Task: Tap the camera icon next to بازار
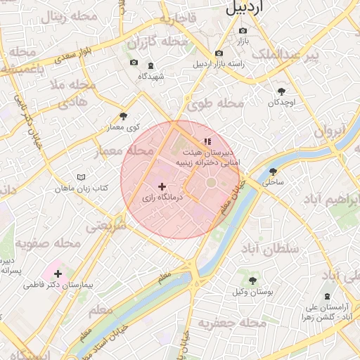pyautogui.click(x=243, y=31)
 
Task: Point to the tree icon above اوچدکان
pyautogui.click(x=282, y=92)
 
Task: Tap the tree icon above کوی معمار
pyautogui.click(x=124, y=116)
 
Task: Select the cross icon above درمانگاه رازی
pyautogui.click(x=162, y=187)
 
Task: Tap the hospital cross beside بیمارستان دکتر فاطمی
pyautogui.click(x=58, y=274)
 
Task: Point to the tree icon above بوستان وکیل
pyautogui.click(x=252, y=281)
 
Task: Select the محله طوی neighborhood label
pyautogui.click(x=215, y=105)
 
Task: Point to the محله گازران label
pyautogui.click(x=157, y=44)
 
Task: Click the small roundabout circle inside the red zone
pyautogui.click(x=210, y=184)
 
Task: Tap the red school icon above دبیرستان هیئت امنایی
pyautogui.click(x=207, y=142)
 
